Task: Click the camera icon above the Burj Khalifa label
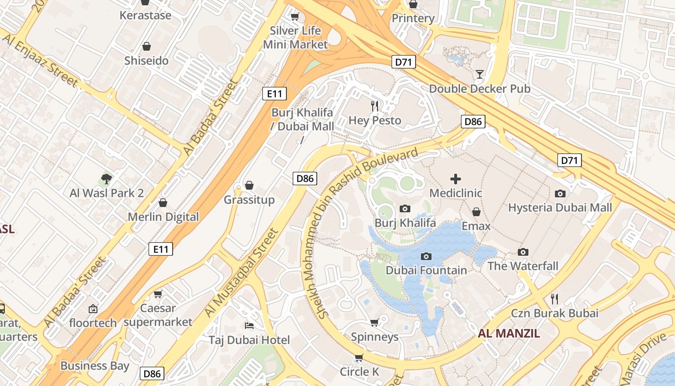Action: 405,208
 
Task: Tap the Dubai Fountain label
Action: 426,270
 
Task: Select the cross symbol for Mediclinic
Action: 455,179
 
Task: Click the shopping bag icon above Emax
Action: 476,212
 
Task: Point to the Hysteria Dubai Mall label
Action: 560,207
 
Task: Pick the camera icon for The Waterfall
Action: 523,252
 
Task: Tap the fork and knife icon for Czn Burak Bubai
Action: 554,299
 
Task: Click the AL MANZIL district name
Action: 509,333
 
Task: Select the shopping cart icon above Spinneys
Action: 374,322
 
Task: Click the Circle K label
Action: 359,372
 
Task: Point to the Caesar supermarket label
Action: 158,315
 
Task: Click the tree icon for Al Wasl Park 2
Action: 107,179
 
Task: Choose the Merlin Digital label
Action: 163,217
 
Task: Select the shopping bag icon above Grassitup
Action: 249,185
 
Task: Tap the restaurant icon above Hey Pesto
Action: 375,106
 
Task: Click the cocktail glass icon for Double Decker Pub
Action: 480,74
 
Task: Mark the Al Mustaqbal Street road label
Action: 242,273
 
